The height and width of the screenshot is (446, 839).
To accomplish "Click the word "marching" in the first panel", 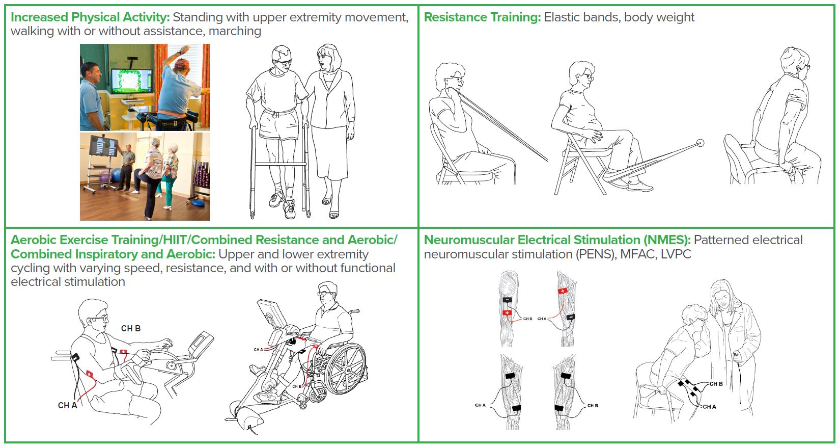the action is click(x=235, y=31).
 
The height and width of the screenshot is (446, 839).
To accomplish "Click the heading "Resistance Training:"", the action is click(x=483, y=17).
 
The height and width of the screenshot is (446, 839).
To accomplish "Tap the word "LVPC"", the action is click(x=676, y=254).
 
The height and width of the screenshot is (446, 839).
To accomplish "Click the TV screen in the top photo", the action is click(x=131, y=81).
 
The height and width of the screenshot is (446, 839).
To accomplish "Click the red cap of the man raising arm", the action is click(x=182, y=63).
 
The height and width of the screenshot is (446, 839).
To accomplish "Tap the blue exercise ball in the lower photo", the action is click(x=116, y=175).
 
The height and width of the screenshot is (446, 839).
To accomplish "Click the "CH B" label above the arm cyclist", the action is click(x=131, y=329).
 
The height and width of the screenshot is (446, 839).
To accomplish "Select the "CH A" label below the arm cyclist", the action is click(x=67, y=406).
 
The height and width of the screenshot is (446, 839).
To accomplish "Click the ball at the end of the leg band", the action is click(x=700, y=143).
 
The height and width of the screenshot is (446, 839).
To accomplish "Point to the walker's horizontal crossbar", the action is click(x=279, y=164).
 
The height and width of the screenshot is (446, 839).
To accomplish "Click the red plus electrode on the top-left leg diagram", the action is click(x=507, y=313).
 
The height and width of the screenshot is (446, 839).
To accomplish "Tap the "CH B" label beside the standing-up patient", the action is click(x=716, y=384).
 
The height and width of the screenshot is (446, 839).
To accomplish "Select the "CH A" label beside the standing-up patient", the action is click(x=709, y=407).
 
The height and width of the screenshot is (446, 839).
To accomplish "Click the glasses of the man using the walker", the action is click(x=283, y=62).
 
